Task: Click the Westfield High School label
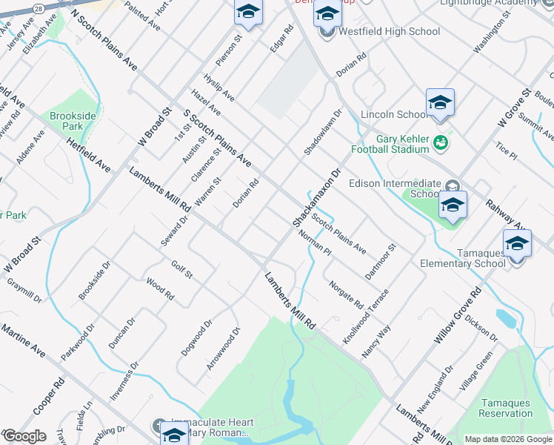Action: pyautogui.click(x=389, y=31)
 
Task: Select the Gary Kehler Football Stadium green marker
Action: pyautogui.click(x=441, y=141)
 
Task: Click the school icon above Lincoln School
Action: pyautogui.click(x=440, y=102)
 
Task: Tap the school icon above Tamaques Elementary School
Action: pyautogui.click(x=517, y=243)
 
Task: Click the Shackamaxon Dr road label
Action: pyautogui.click(x=316, y=197)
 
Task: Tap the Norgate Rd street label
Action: pyautogui.click(x=345, y=294)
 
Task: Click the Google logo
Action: pyautogui.click(x=24, y=436)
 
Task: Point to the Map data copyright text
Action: pyautogui.click(x=508, y=440)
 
